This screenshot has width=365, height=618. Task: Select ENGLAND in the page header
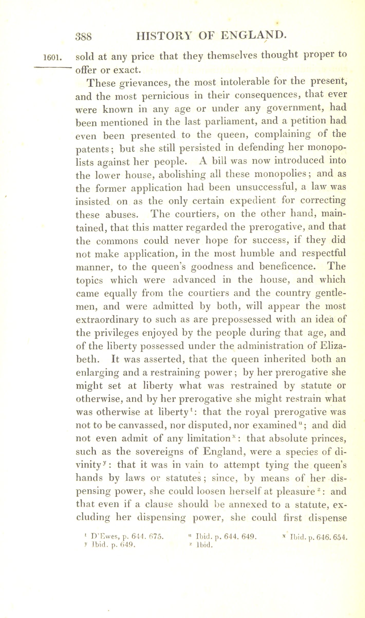pos(253,35)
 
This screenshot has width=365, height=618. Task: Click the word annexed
pos(245,505)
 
